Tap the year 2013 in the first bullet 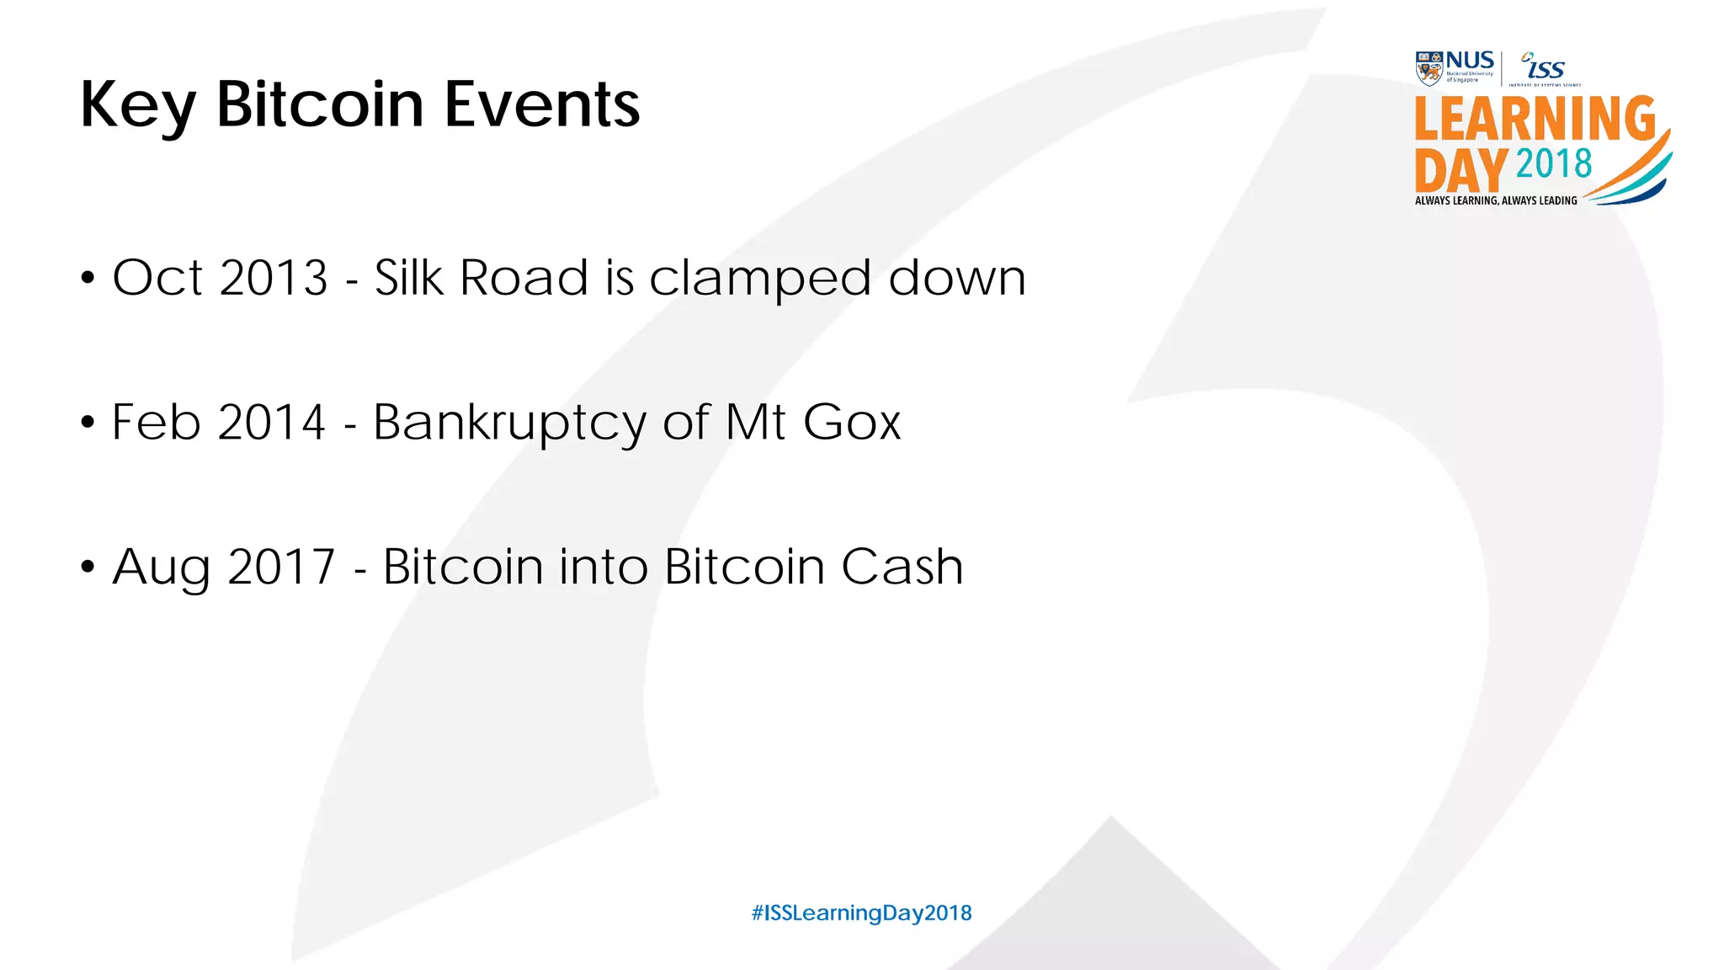(x=274, y=278)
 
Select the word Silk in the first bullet (x=408, y=277)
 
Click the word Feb (x=156, y=422)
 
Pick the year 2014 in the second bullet (x=271, y=422)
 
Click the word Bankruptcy (x=509, y=424)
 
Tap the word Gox (x=851, y=422)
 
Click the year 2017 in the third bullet (x=281, y=567)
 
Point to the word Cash (x=902, y=567)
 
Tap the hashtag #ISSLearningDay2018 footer (x=861, y=913)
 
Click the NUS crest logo (x=1429, y=68)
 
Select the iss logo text (x=1546, y=68)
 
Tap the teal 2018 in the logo (x=1553, y=164)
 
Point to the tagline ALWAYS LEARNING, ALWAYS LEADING (x=1496, y=200)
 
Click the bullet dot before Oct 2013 (x=88, y=278)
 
